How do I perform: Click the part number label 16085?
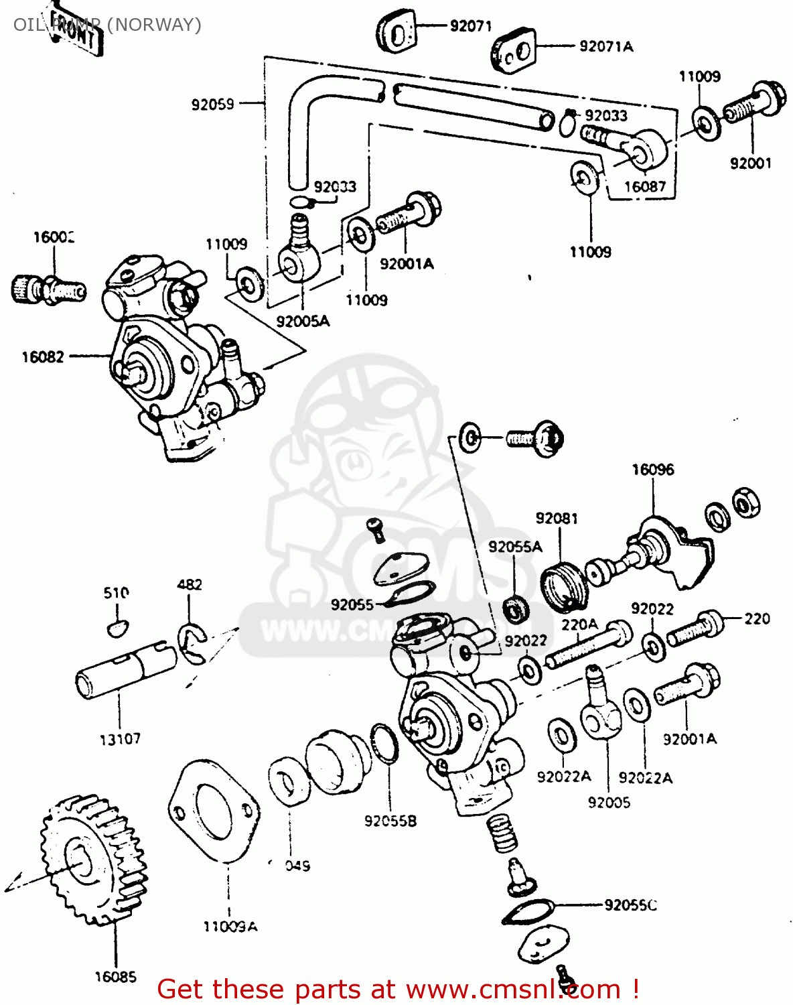115,977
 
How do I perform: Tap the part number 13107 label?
120,739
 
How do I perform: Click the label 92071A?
605,46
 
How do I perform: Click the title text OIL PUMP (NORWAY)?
107,25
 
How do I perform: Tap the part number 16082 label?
43,357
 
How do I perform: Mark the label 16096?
652,470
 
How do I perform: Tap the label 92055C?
630,905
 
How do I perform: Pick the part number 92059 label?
213,105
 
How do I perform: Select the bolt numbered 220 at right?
697,628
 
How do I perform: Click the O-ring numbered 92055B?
384,744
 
